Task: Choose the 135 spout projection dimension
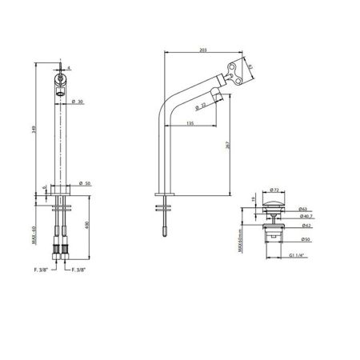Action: tap(190, 124)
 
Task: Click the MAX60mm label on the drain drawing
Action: tap(251, 237)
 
